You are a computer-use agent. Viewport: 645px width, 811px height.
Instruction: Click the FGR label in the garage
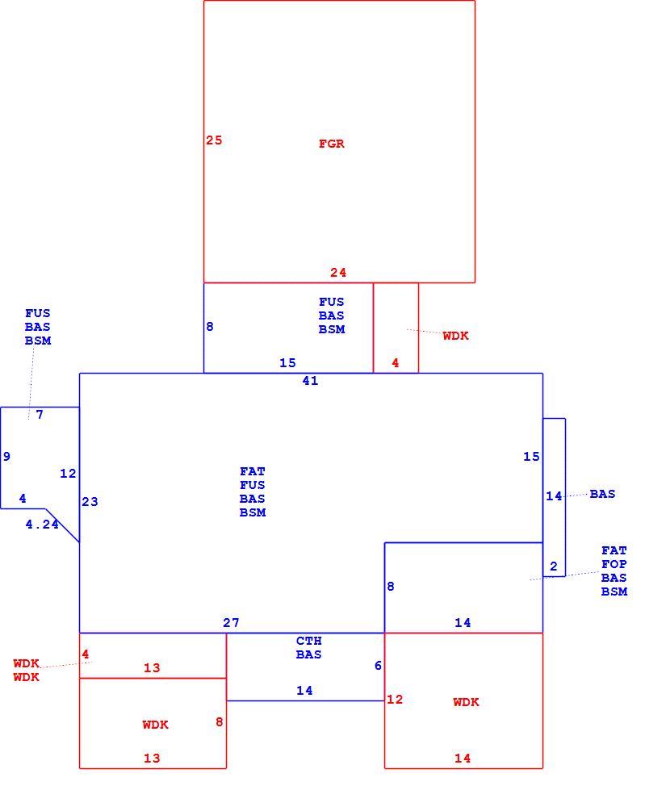pyautogui.click(x=332, y=144)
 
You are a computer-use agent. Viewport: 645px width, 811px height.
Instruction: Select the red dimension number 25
pyautogui.click(x=214, y=140)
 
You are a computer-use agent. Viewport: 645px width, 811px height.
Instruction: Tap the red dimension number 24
pyautogui.click(x=338, y=273)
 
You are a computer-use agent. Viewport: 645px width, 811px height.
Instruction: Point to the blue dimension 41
pyautogui.click(x=310, y=381)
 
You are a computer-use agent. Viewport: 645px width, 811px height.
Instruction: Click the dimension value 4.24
pyautogui.click(x=42, y=525)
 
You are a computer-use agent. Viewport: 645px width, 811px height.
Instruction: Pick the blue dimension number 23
pyautogui.click(x=90, y=502)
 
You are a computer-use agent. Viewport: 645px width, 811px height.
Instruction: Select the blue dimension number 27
pyautogui.click(x=231, y=623)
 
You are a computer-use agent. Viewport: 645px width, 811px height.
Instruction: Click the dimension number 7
pyautogui.click(x=40, y=415)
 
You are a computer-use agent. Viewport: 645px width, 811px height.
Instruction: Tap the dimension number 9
pyautogui.click(x=6, y=456)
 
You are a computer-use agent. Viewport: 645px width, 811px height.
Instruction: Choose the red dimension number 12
pyautogui.click(x=395, y=700)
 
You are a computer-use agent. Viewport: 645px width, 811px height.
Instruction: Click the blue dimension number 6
pyautogui.click(x=378, y=666)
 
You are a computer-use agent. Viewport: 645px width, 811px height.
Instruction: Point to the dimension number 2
pyautogui.click(x=554, y=566)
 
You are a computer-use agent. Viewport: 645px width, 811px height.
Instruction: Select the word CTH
pyautogui.click(x=309, y=641)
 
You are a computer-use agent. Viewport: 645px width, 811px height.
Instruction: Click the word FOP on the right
pyautogui.click(x=614, y=564)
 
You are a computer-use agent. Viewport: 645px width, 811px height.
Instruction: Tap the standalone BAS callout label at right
pyautogui.click(x=602, y=494)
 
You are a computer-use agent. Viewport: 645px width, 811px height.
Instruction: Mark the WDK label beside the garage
pyautogui.click(x=455, y=337)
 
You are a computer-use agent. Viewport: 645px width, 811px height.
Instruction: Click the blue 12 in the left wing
pyautogui.click(x=68, y=473)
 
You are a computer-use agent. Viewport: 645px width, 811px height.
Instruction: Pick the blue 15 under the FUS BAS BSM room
pyautogui.click(x=287, y=363)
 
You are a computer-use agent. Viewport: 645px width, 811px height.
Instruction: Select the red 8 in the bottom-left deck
pyautogui.click(x=220, y=722)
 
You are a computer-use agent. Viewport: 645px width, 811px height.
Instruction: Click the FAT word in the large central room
pyautogui.click(x=253, y=472)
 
